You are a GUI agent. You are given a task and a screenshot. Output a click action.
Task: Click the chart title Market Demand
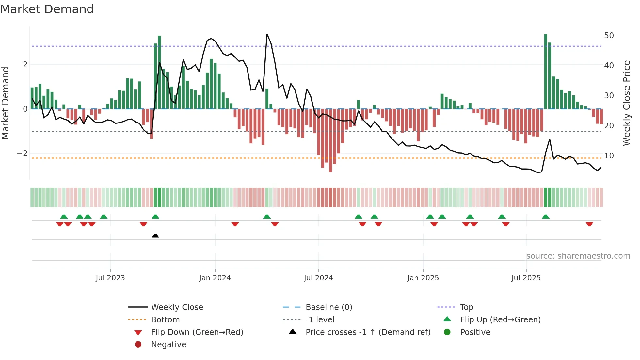point(47,9)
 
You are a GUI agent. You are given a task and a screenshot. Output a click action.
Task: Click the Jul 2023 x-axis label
point(110,278)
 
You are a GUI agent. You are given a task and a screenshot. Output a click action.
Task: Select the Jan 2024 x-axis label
point(215,278)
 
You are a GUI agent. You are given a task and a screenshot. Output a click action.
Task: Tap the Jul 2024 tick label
point(318,278)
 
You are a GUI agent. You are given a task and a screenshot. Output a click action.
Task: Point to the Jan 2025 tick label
point(423,278)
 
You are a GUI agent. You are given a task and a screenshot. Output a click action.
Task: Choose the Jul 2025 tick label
point(526,278)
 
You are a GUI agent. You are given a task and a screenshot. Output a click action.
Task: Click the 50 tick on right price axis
point(609,36)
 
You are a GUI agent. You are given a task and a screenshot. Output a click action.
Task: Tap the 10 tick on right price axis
point(609,156)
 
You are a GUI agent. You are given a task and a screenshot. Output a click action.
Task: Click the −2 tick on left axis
point(22,154)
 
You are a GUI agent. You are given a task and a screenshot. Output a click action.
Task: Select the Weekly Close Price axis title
point(626,103)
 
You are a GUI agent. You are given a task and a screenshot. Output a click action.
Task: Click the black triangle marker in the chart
point(155,236)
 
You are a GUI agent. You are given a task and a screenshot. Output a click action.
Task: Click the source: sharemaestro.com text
point(578,256)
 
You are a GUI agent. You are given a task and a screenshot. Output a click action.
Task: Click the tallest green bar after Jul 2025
point(546,72)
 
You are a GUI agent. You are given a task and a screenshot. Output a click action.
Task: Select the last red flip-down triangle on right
point(589,224)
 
